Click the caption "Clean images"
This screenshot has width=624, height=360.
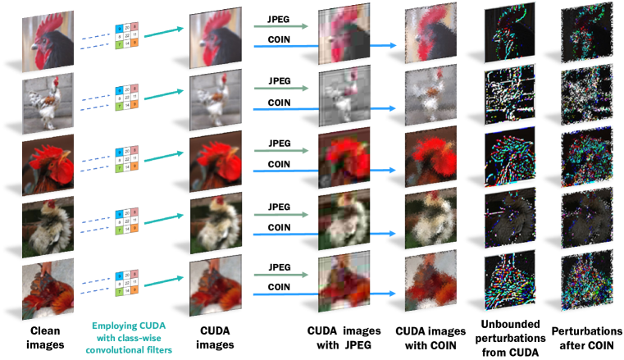pyautogui.click(x=46, y=337)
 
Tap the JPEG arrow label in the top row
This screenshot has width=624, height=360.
pyautogui.click(x=279, y=18)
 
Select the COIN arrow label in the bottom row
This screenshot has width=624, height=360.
pyautogui.click(x=279, y=288)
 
